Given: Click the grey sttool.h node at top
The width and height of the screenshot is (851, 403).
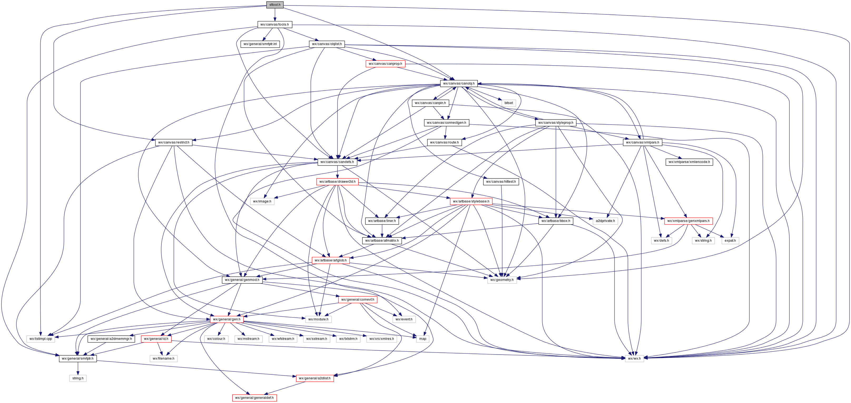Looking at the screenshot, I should coord(274,5).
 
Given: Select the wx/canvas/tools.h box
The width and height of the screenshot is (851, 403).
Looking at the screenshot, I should coord(274,24).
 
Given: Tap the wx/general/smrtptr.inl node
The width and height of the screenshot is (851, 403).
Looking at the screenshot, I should coord(260,44).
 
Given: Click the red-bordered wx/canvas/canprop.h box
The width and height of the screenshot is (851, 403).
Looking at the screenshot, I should coord(385,64).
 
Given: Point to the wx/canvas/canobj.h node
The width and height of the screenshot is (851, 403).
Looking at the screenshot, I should coord(459,83).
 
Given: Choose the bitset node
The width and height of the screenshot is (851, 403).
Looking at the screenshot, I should coord(508,103).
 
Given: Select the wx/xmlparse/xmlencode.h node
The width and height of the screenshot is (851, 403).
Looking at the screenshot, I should coord(689,162).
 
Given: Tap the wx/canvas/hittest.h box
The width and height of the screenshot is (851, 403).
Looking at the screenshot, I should coord(501,182).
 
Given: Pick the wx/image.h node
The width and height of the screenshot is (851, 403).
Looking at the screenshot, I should coord(262,201).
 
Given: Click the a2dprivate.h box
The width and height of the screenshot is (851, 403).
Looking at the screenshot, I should coord(605,221).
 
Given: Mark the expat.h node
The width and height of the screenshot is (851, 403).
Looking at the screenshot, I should coord(730,241).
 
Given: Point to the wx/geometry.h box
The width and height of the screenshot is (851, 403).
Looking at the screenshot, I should coord(502,280).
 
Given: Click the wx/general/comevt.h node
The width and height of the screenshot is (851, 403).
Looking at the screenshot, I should coord(357,300).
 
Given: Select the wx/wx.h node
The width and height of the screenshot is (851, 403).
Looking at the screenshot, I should coord(634,359).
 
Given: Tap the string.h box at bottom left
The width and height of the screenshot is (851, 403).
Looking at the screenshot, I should coord(78,378).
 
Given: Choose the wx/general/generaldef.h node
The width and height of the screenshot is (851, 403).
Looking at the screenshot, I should coord(254,398).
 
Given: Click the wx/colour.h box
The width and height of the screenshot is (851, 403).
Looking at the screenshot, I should coord(216,339).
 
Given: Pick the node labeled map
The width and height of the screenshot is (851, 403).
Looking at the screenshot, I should coord(422,339).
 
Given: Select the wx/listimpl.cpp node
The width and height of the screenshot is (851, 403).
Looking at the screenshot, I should coord(41,339).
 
